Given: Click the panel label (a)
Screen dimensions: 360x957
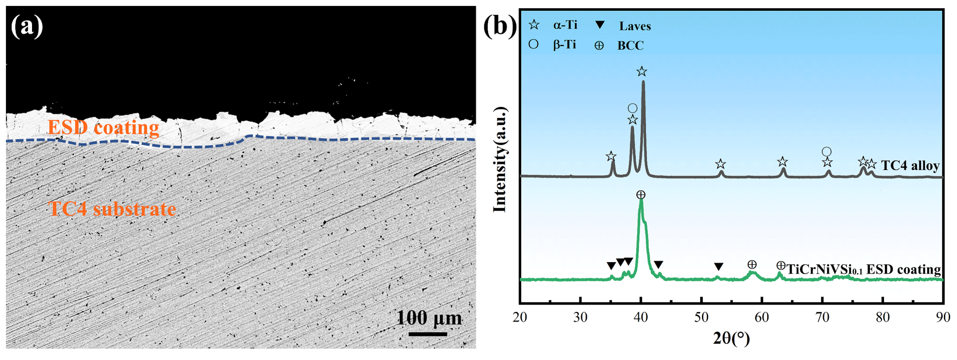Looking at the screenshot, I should (x=27, y=27).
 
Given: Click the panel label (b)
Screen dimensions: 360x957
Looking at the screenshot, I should (x=500, y=27).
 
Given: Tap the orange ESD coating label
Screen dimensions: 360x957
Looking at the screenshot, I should (x=103, y=127).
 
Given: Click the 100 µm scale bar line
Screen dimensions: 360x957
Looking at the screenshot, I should (x=428, y=334).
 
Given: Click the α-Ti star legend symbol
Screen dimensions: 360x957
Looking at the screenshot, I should (x=534, y=25).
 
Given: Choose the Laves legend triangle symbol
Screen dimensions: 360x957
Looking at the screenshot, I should (x=600, y=25).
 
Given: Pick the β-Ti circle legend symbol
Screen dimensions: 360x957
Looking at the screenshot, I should (x=533, y=45).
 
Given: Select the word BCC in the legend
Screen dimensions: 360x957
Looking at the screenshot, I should (x=630, y=46).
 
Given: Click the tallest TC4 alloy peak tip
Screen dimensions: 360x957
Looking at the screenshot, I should (x=643, y=82).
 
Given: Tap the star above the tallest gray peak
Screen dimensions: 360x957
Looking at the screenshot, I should (x=642, y=71).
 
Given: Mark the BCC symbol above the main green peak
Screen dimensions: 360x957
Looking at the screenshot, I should (x=640, y=195).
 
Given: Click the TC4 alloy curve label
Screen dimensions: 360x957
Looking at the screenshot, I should (x=910, y=165).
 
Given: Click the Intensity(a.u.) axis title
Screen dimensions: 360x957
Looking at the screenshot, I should (x=500, y=160).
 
